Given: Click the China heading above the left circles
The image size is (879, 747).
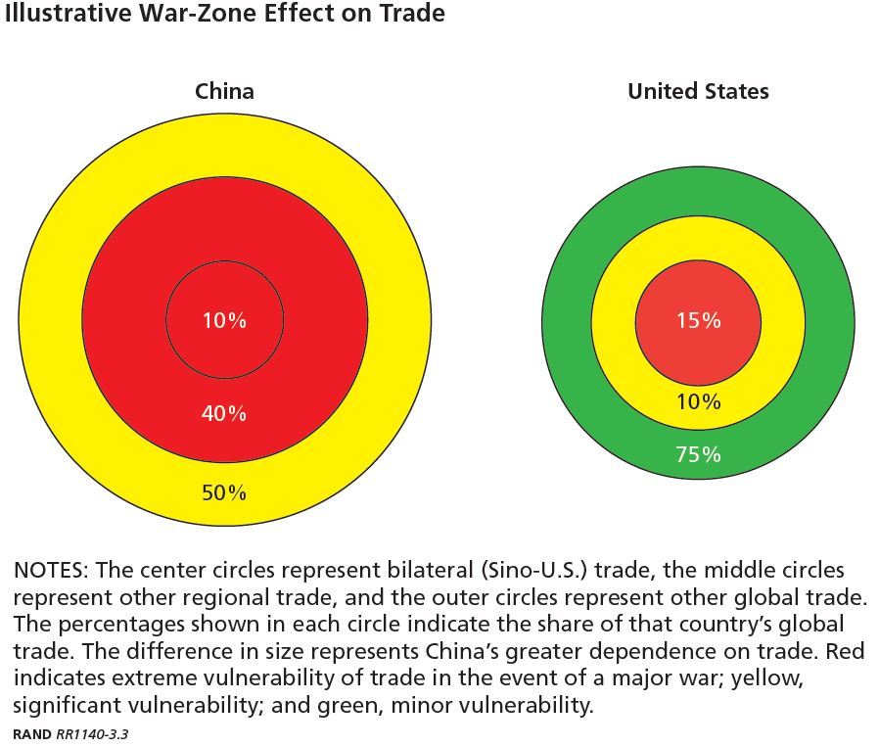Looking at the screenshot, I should pyautogui.click(x=224, y=91).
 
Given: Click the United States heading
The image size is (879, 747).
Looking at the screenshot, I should pyautogui.click(x=698, y=91).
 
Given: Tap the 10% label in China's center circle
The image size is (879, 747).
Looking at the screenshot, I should pyautogui.click(x=224, y=320).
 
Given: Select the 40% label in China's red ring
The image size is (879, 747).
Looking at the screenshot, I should pyautogui.click(x=224, y=413).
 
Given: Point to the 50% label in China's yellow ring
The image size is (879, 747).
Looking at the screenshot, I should pyautogui.click(x=224, y=492).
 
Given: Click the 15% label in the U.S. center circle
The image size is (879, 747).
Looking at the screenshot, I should pyautogui.click(x=698, y=320).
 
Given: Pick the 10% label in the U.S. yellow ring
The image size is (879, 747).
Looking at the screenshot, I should pyautogui.click(x=698, y=401).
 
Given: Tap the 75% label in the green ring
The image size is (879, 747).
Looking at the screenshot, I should pyautogui.click(x=698, y=454).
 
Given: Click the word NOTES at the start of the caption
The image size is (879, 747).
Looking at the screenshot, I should pyautogui.click(x=49, y=570).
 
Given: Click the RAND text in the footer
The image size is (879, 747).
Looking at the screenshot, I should pyautogui.click(x=32, y=734).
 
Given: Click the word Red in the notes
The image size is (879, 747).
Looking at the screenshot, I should pyautogui.click(x=845, y=651).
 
